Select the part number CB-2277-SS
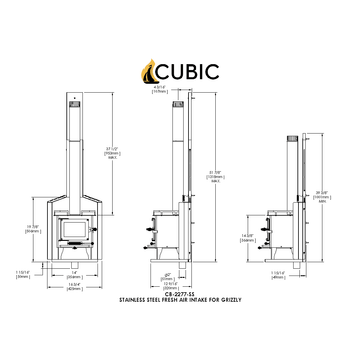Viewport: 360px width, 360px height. click(x=179, y=294)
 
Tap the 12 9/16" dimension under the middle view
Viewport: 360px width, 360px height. click(x=171, y=282)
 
